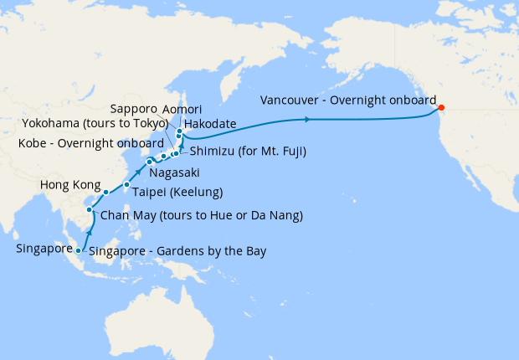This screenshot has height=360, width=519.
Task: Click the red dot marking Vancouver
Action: click(441, 107)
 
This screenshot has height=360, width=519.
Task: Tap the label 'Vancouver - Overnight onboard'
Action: click(348, 99)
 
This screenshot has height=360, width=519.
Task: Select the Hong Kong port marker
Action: click(106, 193)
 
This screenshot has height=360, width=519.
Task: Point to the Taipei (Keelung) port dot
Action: click(126, 185)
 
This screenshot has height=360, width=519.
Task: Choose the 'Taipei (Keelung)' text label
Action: click(177, 192)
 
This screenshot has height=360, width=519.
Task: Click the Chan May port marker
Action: click(89, 210)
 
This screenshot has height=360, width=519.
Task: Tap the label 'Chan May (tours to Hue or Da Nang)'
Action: click(201, 216)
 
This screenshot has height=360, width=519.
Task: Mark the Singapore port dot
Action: click(78, 250)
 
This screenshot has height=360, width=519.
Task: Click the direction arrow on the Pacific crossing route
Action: click(308, 121)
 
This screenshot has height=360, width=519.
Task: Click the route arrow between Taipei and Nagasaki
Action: click(138, 172)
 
